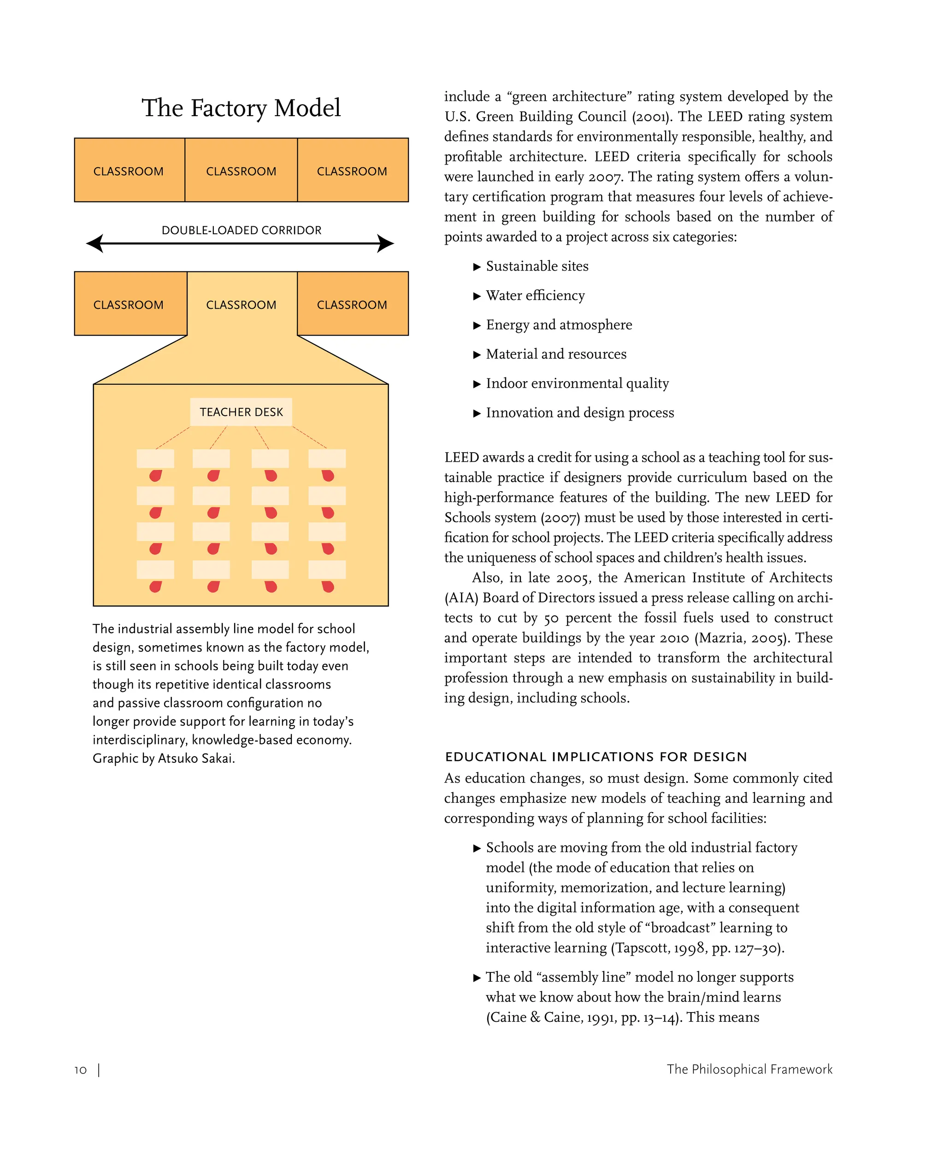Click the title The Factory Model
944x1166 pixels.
point(241,108)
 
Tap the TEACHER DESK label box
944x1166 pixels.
point(241,412)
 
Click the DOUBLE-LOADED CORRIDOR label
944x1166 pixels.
point(242,230)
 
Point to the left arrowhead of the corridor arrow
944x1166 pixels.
point(94,243)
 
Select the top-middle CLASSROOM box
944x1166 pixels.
point(241,170)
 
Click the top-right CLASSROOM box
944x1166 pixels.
point(352,170)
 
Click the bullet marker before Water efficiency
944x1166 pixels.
point(477,296)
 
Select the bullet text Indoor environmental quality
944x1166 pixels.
point(577,383)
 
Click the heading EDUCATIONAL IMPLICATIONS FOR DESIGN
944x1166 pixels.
point(596,757)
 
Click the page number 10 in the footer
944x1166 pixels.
point(81,1070)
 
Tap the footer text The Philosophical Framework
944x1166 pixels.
point(749,1069)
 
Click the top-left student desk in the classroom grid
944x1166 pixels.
point(155,458)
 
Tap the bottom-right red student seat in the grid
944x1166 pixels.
point(328,586)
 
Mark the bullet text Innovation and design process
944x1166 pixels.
point(580,412)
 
